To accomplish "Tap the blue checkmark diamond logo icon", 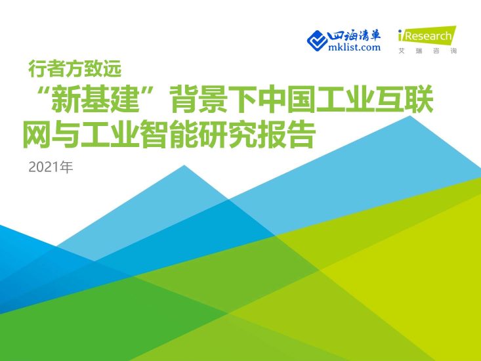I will pos(318,39).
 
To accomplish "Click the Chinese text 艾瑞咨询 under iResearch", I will pos(427,51).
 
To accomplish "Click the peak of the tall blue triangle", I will pos(413,117).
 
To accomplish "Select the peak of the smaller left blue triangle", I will pos(184,165).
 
